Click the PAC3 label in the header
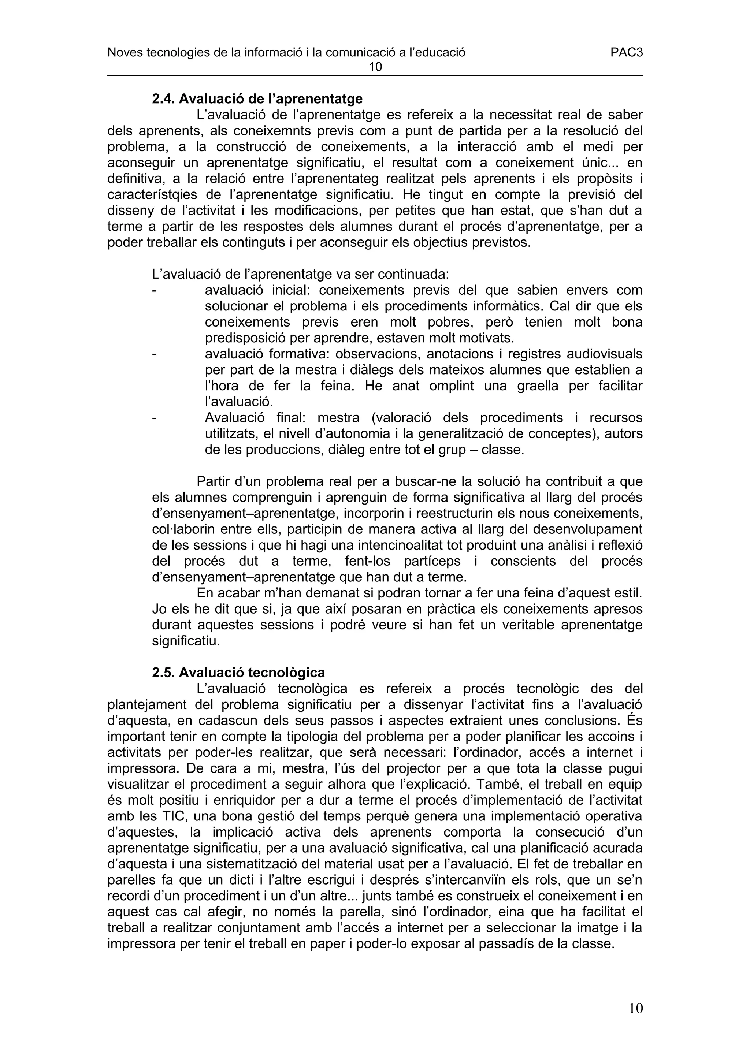pos(626,53)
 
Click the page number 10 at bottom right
pos(635,1008)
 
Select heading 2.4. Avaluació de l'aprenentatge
pos(257,99)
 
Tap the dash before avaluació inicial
pos(154,291)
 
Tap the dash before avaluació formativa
pos(154,354)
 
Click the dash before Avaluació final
pos(154,418)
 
